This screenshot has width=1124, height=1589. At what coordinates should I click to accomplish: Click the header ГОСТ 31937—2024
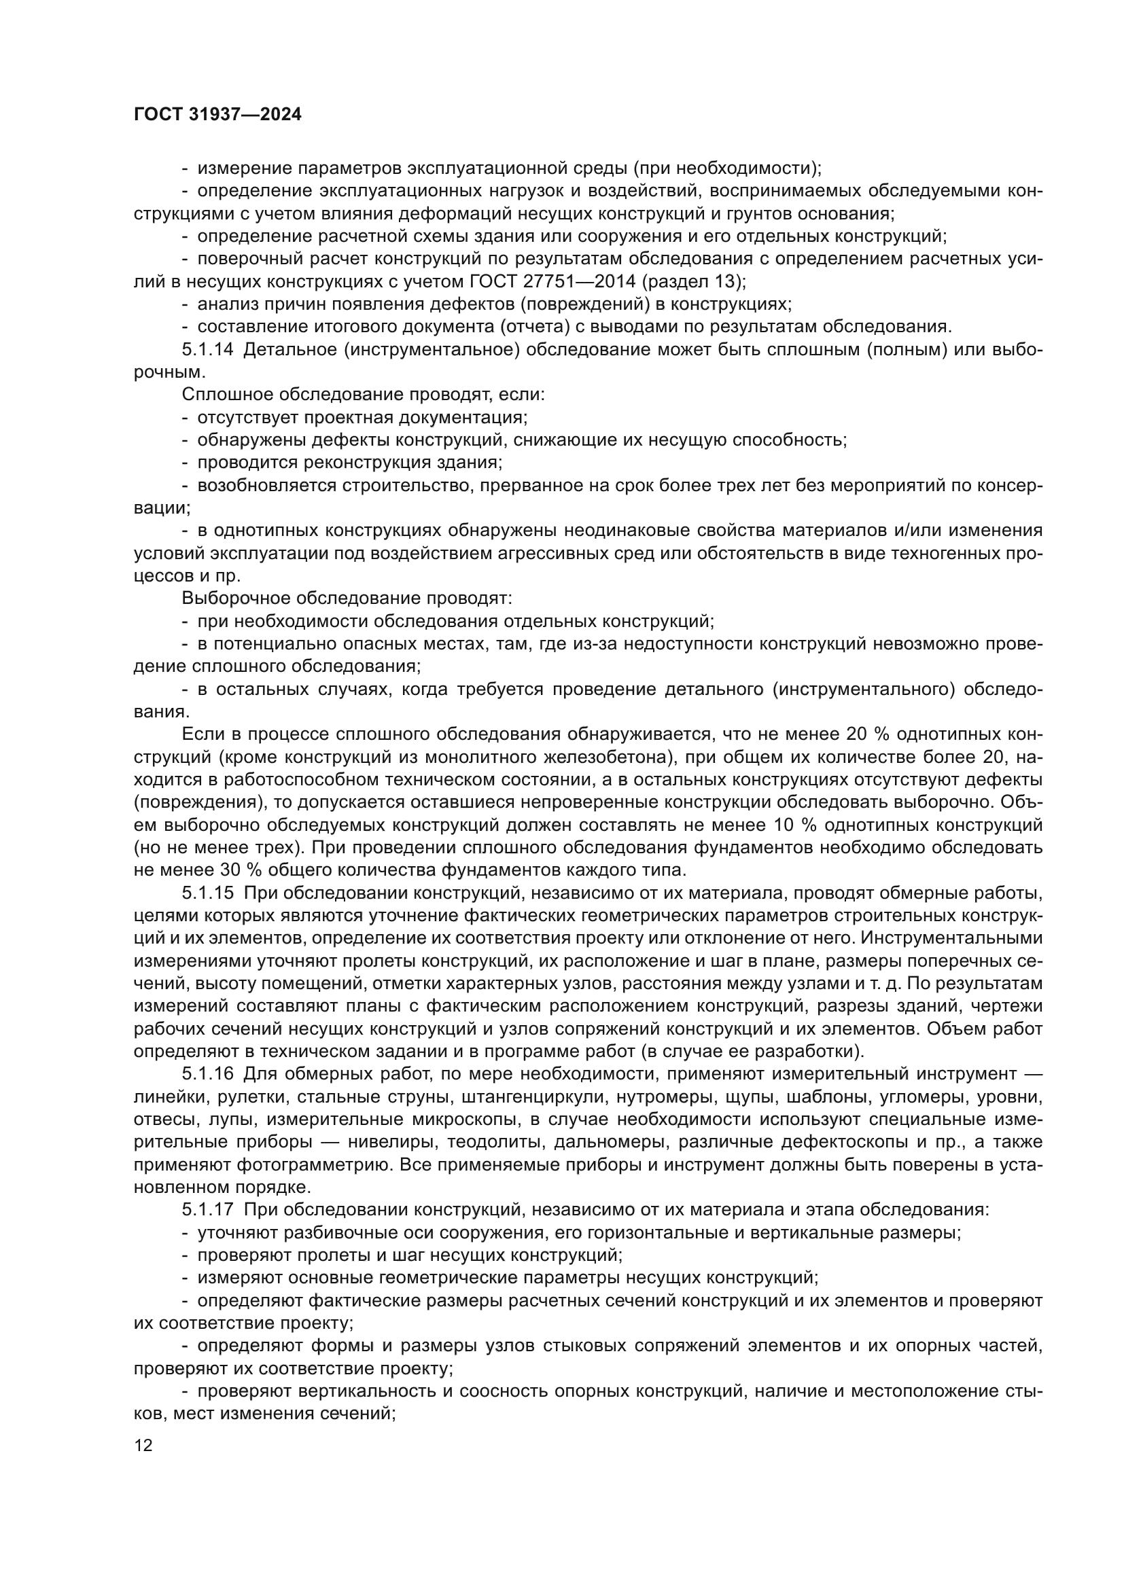(x=217, y=115)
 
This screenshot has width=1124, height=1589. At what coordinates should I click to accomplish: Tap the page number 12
(x=143, y=1445)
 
